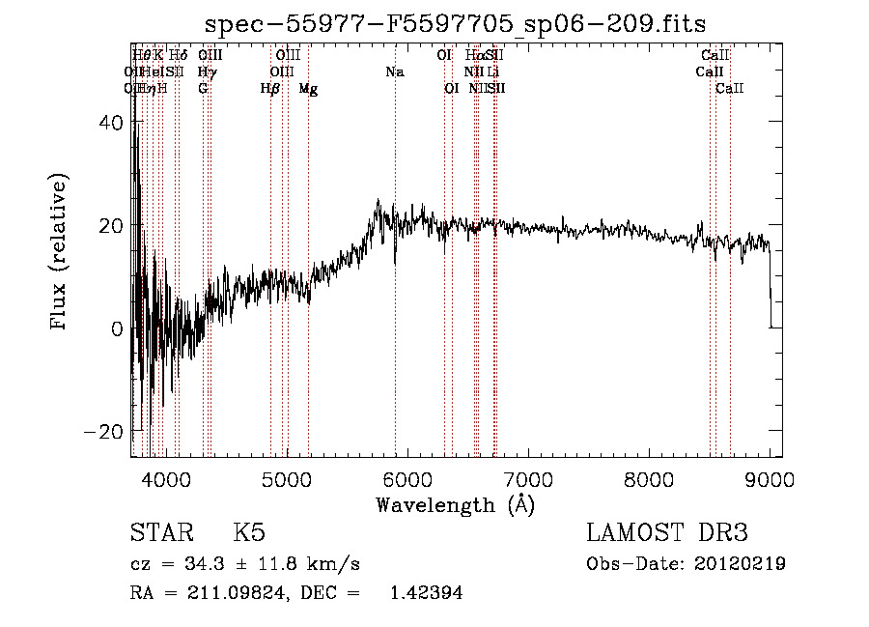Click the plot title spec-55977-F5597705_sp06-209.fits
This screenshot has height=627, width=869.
pos(457,25)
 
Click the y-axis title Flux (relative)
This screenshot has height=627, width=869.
pos(60,253)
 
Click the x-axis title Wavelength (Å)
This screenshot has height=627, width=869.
pos(455,504)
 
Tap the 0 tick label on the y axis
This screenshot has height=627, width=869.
pos(117,328)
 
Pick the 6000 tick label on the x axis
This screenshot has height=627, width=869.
pos(406,478)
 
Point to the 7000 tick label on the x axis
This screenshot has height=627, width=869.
pos(527,478)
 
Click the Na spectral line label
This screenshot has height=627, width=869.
pos(394,71)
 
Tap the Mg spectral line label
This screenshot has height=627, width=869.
pos(308,89)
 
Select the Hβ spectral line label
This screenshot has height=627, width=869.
pos(270,89)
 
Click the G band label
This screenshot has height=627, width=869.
pos(203,89)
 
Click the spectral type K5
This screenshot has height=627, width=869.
pos(249,534)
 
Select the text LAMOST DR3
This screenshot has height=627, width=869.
pos(667,534)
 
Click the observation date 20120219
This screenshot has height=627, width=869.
pos(741,564)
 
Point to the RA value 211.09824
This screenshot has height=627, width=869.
pos(241,594)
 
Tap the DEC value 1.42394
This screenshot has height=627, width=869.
pos(426,594)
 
